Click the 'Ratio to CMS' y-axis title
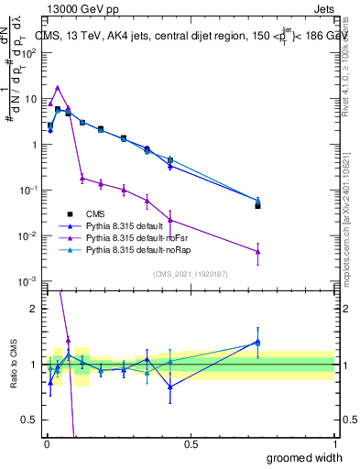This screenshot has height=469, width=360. (13, 363)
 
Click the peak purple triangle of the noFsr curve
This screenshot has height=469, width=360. (58, 88)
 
